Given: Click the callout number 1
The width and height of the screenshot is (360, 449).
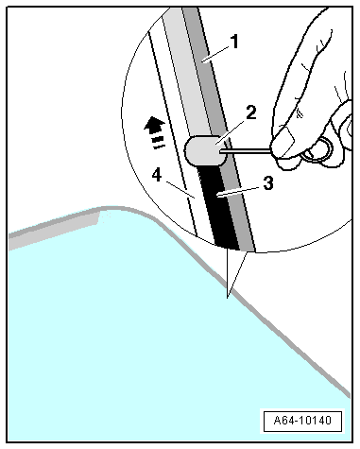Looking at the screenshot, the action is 234,42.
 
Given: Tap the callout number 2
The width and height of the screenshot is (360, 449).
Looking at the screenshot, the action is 251,112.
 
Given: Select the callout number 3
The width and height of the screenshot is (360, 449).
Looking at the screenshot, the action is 268,183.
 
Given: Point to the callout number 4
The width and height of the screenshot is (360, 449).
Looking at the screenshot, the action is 157,175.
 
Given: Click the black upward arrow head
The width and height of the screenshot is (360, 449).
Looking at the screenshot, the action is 154,123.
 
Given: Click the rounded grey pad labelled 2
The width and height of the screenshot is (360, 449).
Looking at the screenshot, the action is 205,150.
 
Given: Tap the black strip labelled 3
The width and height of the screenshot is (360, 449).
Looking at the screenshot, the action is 220,206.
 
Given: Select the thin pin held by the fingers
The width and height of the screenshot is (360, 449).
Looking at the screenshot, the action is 245,151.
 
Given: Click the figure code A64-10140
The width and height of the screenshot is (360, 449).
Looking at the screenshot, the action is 302,421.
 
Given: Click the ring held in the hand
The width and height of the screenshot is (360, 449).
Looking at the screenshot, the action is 318,150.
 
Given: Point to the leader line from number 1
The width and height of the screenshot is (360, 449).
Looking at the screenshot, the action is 217,54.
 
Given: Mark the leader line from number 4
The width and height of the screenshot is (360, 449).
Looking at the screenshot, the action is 180,189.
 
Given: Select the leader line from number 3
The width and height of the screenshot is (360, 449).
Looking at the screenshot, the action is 240,192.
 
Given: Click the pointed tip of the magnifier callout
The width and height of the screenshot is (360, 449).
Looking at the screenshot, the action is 228,297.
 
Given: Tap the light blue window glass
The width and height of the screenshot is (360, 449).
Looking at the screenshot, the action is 142,331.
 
